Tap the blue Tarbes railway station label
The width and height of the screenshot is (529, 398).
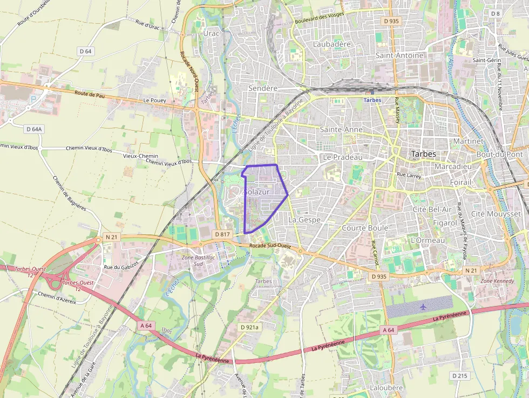click(x=372, y=100)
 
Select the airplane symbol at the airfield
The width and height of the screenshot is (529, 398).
click(x=422, y=306)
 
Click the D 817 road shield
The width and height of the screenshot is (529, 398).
click(x=222, y=234)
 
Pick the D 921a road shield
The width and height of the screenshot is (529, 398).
click(x=249, y=327)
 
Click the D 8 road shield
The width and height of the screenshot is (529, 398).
click(x=495, y=13)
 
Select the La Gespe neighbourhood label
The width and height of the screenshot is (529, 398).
click(x=304, y=220)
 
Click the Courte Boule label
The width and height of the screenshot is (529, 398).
click(x=365, y=228)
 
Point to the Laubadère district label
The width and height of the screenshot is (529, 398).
click(x=332, y=44)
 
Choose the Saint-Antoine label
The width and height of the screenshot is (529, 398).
click(x=399, y=55)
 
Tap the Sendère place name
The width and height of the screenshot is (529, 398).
click(x=262, y=87)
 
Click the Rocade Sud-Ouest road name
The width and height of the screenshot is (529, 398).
click(x=270, y=247)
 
